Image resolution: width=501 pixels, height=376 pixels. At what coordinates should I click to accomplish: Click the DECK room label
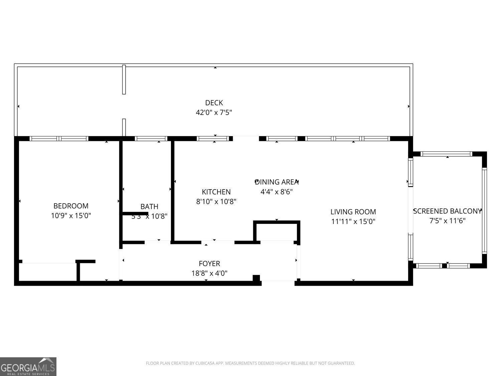click(x=214, y=103)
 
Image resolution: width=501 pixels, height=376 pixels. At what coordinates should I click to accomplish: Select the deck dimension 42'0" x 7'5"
click(x=214, y=113)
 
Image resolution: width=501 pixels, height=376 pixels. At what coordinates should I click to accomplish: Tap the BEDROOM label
click(x=71, y=206)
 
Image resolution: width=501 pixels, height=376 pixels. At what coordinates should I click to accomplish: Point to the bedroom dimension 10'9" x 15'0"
click(x=71, y=216)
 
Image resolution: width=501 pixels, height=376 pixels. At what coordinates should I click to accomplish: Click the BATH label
click(x=149, y=207)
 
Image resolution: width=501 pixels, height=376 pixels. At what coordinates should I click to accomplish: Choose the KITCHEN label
click(x=216, y=192)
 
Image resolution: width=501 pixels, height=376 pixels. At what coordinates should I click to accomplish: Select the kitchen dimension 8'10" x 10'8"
click(x=216, y=202)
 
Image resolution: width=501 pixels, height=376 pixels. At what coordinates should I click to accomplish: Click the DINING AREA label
click(x=277, y=182)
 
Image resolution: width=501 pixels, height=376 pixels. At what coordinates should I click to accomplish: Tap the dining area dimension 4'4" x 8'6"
click(x=277, y=192)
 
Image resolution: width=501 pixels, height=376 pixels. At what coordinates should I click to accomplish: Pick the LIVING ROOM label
click(x=353, y=212)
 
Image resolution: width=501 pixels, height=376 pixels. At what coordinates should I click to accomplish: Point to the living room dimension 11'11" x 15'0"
click(x=353, y=221)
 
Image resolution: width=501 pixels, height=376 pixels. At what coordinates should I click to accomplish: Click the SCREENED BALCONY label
click(x=447, y=211)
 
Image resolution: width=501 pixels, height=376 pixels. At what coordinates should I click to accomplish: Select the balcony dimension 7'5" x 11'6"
click(x=447, y=221)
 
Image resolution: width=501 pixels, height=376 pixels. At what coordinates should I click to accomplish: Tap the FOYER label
click(x=209, y=263)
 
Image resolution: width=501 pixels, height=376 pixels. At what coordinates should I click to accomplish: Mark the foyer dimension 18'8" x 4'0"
click(x=209, y=273)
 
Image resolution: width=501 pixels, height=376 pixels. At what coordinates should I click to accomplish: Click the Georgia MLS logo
click(x=28, y=367)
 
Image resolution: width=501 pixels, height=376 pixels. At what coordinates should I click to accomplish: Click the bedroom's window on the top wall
click(x=59, y=139)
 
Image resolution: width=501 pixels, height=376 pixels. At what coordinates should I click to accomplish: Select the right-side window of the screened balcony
click(x=484, y=211)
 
